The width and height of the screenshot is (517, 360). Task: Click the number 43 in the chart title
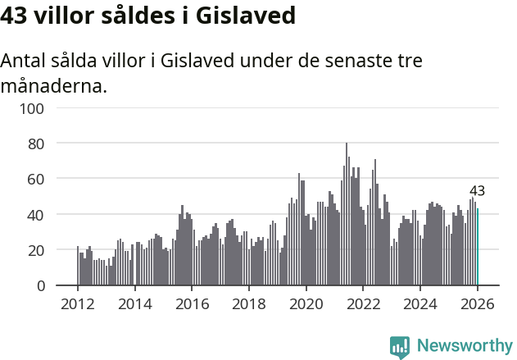(18, 16)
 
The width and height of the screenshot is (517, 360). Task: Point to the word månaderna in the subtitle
(54, 86)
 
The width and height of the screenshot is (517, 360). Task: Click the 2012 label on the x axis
(78, 303)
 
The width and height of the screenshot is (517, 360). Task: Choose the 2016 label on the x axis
(192, 303)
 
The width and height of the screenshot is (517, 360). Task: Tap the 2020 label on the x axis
(306, 303)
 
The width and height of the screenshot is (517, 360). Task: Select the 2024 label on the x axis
(419, 303)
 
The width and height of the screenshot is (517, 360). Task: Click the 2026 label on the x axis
(476, 303)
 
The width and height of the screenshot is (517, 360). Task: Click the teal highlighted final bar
(478, 247)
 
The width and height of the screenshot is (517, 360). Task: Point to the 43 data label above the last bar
(477, 191)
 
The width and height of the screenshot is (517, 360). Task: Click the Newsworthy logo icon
(400, 346)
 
